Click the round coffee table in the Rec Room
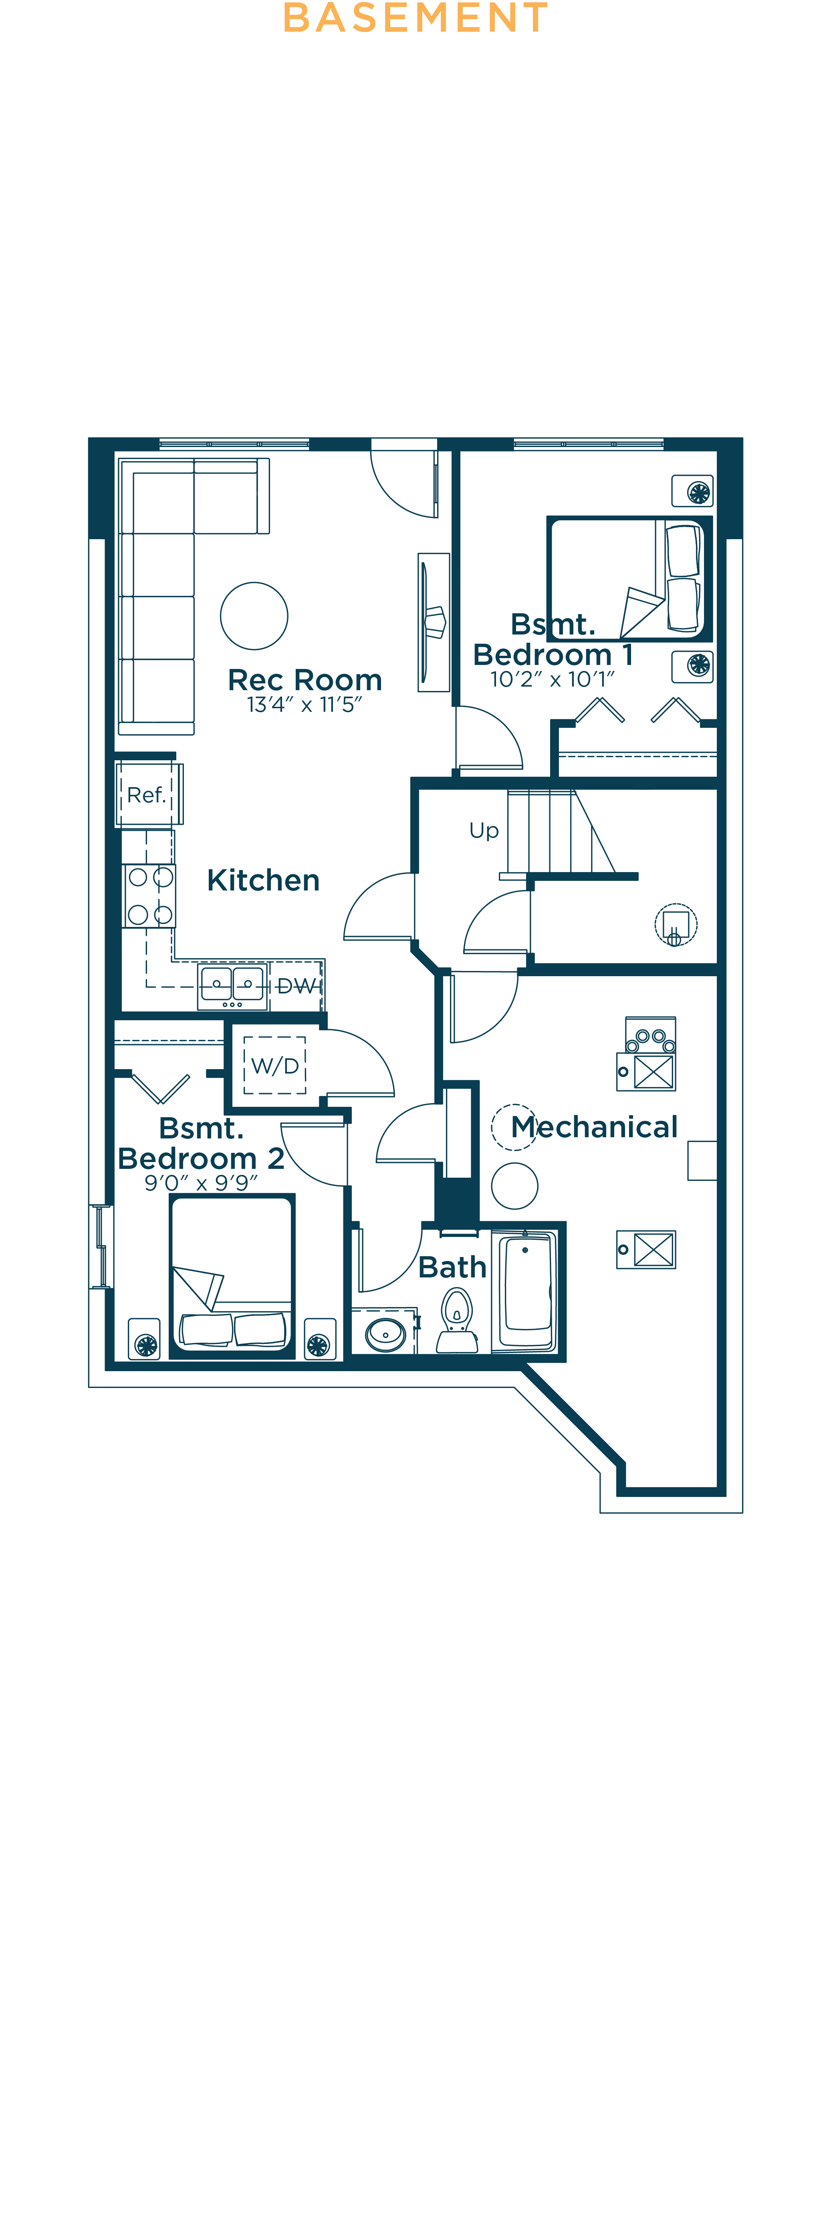click(254, 616)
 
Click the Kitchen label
click(263, 880)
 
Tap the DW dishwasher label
click(296, 986)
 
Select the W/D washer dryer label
click(275, 1066)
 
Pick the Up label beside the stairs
click(484, 830)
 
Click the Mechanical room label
click(594, 1127)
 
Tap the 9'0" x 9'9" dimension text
click(201, 1182)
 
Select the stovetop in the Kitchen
click(149, 896)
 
